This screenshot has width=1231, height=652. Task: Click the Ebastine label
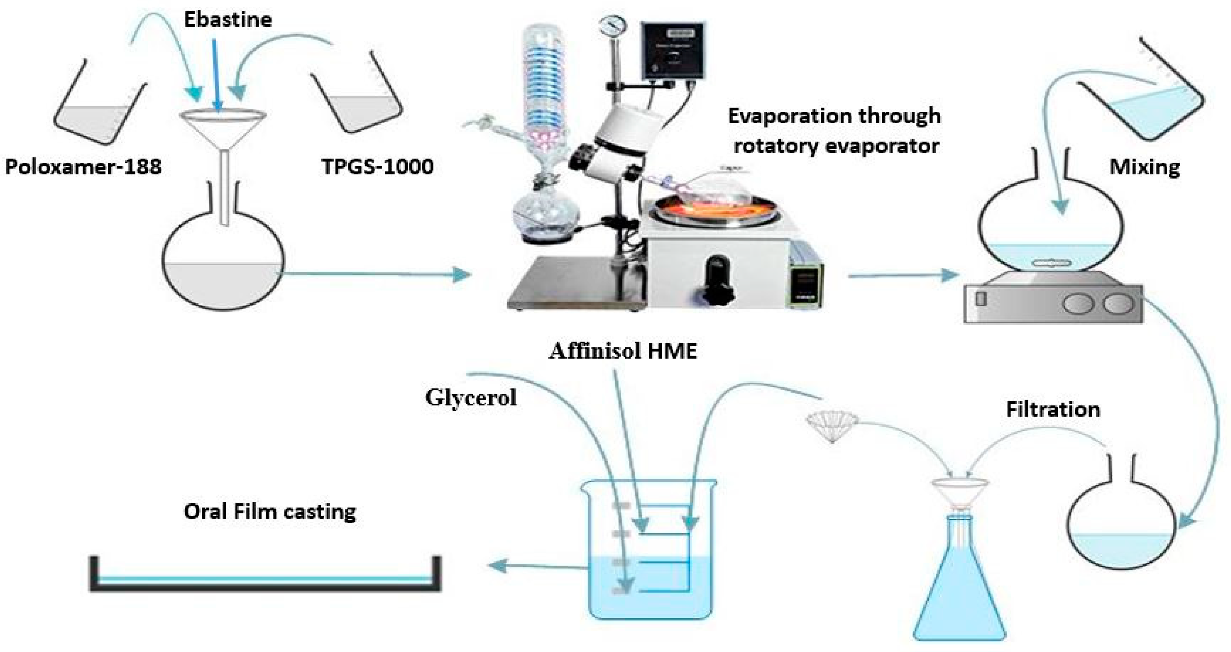(228, 20)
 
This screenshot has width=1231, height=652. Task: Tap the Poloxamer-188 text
(83, 167)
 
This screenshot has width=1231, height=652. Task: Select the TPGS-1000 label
(377, 167)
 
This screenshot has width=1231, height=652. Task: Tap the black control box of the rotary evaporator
(673, 51)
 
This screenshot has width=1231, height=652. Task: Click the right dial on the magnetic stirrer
(1119, 303)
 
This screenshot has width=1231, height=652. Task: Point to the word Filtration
(1053, 410)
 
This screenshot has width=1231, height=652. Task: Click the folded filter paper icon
(832, 424)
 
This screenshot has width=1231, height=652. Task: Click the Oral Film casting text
(270, 512)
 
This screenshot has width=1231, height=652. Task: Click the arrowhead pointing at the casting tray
(497, 566)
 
